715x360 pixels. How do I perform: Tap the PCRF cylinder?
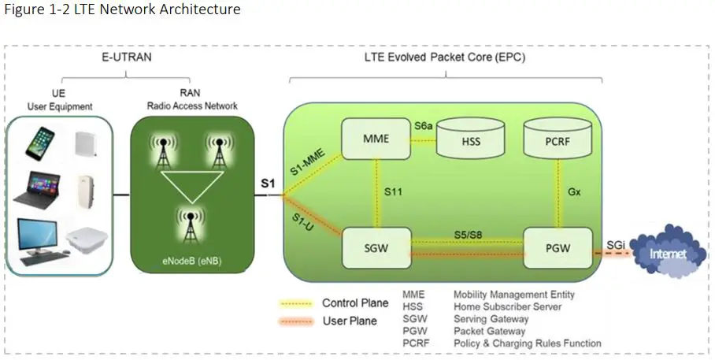pos(558,139)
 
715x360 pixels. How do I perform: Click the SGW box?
pos(375,247)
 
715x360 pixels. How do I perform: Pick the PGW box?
pos(558,247)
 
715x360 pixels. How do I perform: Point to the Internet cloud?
pos(667,254)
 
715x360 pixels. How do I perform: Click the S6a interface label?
pos(424,125)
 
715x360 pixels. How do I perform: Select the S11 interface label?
pos(395,191)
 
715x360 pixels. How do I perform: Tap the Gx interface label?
pos(575,191)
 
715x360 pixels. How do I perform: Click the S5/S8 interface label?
pos(469,234)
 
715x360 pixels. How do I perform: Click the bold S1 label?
pos(269,184)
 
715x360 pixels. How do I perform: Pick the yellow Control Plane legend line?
pos(298,303)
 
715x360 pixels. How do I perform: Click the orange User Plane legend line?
pos(298,321)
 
